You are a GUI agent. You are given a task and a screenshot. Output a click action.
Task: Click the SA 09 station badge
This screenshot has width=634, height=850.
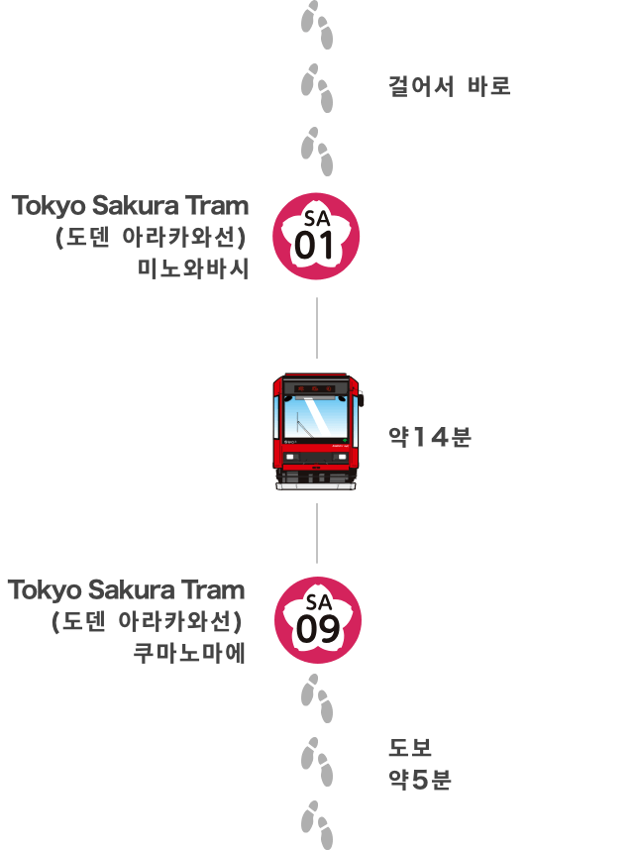[317, 620]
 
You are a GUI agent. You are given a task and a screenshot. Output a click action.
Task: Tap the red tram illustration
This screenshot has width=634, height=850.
[317, 432]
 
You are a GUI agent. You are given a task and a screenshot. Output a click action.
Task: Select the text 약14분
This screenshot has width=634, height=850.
[430, 436]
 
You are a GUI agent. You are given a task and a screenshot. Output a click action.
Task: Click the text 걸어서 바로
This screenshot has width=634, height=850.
[450, 86]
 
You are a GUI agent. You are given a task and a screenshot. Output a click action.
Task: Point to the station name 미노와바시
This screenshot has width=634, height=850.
[194, 266]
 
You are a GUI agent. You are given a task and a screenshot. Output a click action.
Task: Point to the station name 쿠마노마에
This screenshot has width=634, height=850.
[190, 652]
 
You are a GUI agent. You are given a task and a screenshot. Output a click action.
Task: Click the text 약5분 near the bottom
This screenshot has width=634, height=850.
[420, 780]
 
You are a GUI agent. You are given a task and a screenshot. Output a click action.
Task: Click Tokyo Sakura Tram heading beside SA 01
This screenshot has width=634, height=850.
[130, 206]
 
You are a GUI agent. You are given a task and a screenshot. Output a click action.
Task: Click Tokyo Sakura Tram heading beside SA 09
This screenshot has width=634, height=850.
[127, 590]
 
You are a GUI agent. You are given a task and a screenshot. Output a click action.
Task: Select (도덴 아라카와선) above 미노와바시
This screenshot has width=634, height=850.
[152, 238]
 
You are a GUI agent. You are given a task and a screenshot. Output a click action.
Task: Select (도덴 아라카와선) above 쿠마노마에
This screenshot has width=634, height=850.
[148, 622]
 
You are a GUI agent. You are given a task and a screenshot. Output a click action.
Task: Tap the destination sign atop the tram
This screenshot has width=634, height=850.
[317, 386]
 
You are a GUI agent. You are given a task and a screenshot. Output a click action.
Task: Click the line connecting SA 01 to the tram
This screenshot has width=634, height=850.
[317, 327]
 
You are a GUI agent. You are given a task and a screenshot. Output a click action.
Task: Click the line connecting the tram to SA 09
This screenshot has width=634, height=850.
[317, 533]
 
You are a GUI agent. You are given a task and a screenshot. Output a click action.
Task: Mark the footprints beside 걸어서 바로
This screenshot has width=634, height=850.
[317, 87]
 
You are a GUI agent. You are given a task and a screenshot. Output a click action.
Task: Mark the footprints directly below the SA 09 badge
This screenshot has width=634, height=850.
[317, 697]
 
